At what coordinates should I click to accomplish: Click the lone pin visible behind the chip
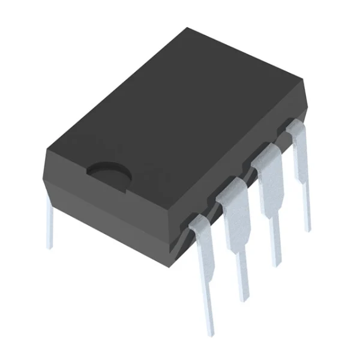click(50, 222)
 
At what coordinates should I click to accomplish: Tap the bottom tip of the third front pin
click(276, 264)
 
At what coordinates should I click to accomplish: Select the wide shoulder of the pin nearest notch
click(203, 237)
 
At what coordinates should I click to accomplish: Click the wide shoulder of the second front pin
click(236, 204)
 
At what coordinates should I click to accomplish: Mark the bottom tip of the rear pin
click(50, 246)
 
